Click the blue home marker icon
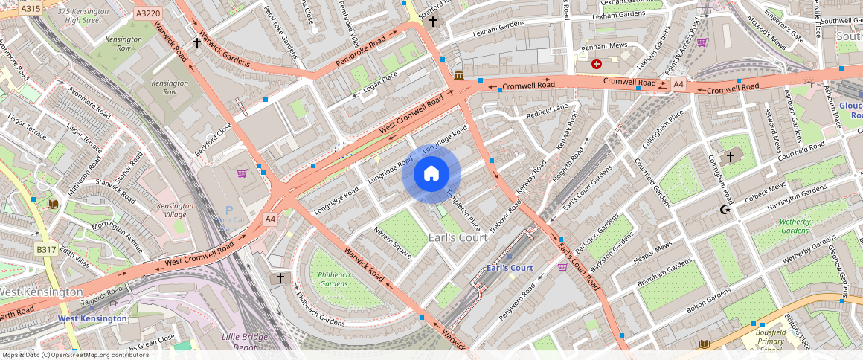(431, 174)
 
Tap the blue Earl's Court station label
(510, 268)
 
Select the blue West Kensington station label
(92, 318)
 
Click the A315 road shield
(31, 8)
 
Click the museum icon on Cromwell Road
(459, 75)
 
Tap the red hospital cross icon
(597, 64)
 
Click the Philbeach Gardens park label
(333, 279)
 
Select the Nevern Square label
(393, 245)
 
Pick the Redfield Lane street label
(547, 112)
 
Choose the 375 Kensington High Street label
(79, 16)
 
